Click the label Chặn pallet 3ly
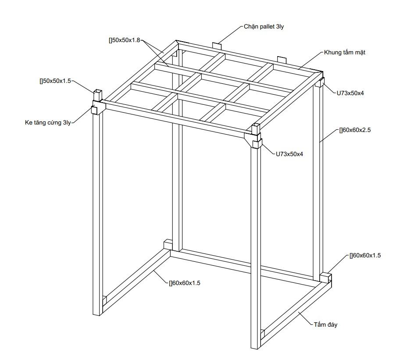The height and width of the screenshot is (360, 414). (x=264, y=27)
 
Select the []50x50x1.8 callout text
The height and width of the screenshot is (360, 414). (x=125, y=40)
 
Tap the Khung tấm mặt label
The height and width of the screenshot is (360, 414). (x=345, y=52)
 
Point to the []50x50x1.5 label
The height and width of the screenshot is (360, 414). (x=55, y=81)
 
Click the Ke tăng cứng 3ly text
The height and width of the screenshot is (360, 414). (x=48, y=123)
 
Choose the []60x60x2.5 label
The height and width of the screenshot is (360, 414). (x=355, y=130)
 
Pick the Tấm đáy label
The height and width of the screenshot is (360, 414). (x=325, y=324)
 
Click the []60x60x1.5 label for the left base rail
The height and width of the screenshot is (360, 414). (x=185, y=283)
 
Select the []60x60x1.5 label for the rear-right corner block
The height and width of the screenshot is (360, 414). (x=365, y=256)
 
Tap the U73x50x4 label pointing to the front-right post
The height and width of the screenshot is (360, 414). (x=289, y=154)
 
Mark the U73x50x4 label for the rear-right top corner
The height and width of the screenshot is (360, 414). (x=350, y=93)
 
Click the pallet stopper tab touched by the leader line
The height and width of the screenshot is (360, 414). (x=217, y=46)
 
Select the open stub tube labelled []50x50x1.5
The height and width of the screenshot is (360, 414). (x=97, y=95)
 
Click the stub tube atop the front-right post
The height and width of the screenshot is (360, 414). (x=256, y=129)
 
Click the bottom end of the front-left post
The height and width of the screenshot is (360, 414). (x=97, y=314)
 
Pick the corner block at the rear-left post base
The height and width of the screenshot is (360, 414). (x=168, y=244)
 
